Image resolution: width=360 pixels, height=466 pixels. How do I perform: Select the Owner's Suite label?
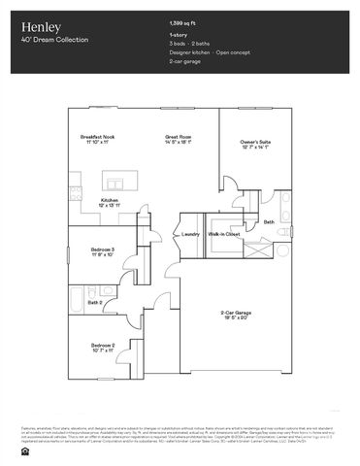[x=255, y=143]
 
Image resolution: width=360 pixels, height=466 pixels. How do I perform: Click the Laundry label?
[x=191, y=234]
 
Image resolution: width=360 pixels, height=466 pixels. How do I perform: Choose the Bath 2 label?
[x=95, y=302]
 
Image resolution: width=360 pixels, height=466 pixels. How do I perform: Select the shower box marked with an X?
[x=258, y=247]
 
